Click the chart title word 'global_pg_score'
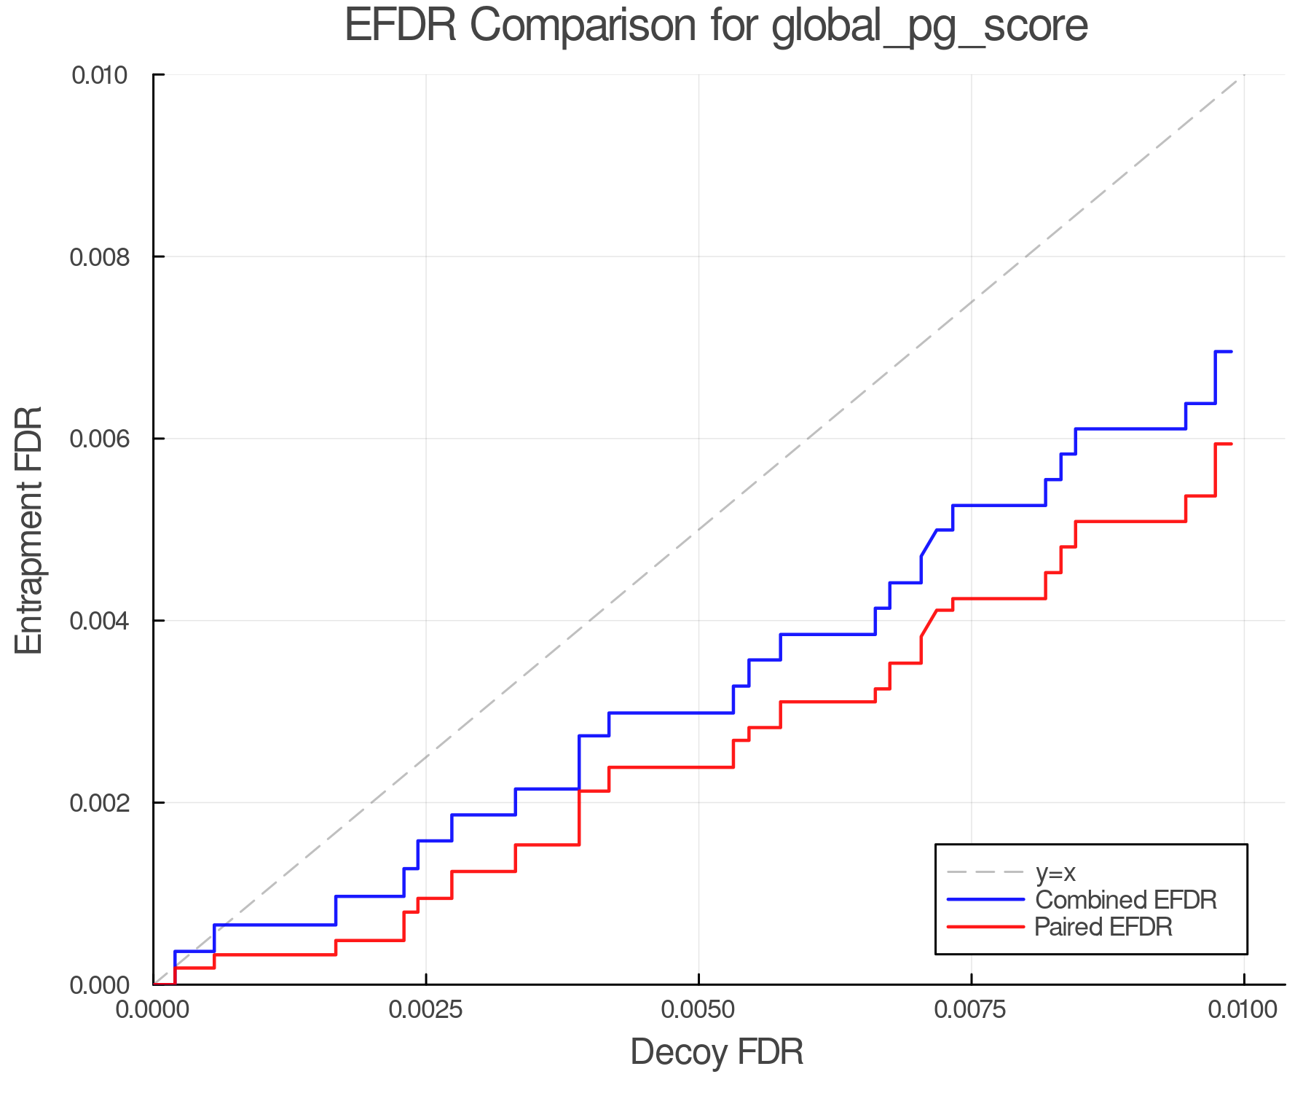tap(929, 26)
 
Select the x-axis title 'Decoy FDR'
tap(717, 1052)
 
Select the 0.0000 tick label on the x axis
tap(154, 1010)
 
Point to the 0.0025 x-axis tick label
tap(426, 1010)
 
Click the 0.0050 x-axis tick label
tap(698, 1010)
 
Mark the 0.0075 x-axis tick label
tap(971, 1010)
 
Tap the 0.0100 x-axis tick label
tap(1243, 1010)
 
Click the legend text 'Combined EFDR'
tap(1126, 900)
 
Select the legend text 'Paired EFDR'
tap(1103, 927)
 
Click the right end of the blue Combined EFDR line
tap(1231, 352)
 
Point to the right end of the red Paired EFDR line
tap(1231, 444)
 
